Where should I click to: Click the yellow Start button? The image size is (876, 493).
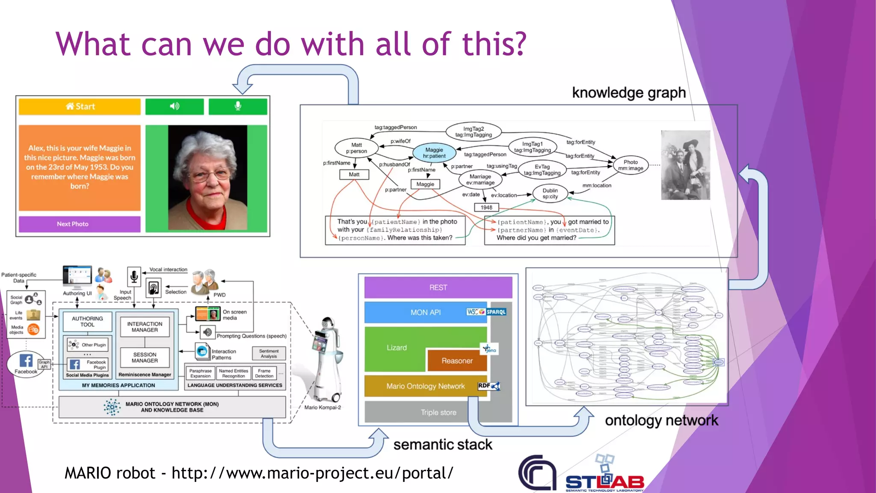coord(80,107)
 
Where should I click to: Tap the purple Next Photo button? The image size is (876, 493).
coord(80,224)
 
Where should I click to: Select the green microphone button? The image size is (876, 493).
coord(238,107)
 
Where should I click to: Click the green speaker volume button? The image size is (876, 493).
coord(175,107)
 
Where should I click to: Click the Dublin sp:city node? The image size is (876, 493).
coord(550,194)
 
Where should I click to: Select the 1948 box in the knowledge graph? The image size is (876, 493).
coord(486,208)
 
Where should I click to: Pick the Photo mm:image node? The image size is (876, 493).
coord(630,165)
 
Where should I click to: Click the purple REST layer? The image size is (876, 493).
coord(438,288)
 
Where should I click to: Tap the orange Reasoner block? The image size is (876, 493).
coord(457,361)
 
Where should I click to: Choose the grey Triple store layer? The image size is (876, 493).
coord(438,413)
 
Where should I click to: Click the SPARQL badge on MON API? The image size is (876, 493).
coord(496,312)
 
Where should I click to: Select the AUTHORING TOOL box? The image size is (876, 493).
coord(87,322)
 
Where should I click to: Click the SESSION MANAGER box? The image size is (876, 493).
coord(145,358)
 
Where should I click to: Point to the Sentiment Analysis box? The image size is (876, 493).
coord(269,353)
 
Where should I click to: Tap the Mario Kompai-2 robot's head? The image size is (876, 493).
coord(328,323)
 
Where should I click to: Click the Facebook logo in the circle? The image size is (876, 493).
coord(26,361)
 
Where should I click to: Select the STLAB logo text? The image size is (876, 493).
coord(605,482)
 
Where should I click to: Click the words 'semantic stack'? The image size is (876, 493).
coord(443,445)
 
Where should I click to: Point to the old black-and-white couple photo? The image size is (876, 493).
coord(685,165)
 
